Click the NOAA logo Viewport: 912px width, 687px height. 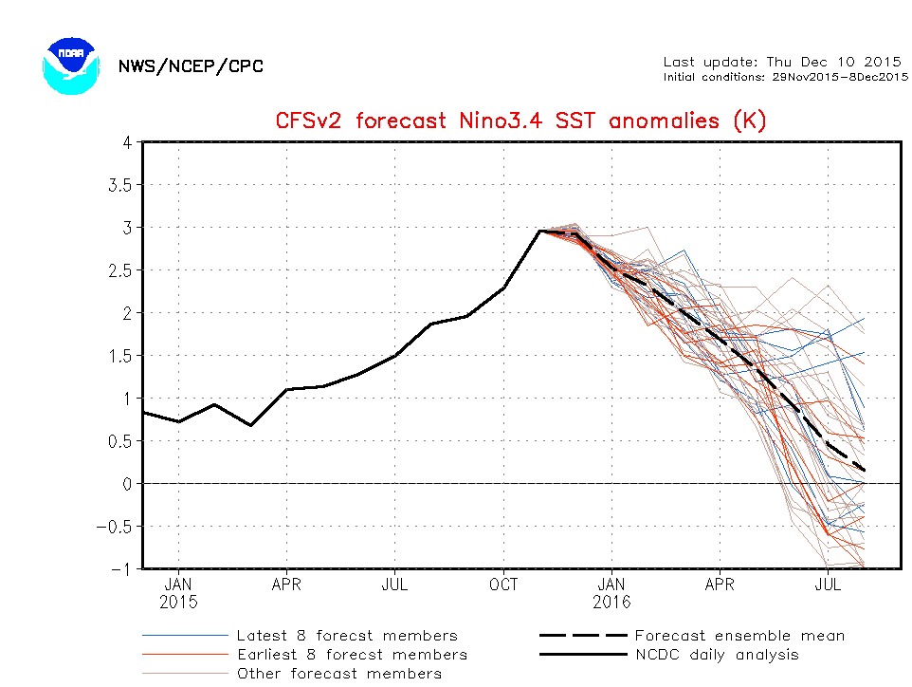(x=70, y=65)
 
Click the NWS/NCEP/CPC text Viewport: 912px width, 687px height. (x=191, y=66)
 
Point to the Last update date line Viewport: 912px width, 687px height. (x=781, y=62)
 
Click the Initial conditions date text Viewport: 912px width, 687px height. (x=786, y=77)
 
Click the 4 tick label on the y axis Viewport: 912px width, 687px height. (x=125, y=142)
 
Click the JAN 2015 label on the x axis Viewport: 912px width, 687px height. (x=178, y=593)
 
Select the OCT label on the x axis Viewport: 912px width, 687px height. (x=503, y=585)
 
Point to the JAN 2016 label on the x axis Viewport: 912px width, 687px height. (x=612, y=593)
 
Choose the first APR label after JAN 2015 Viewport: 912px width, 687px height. (x=286, y=585)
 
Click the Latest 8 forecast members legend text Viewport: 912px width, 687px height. (x=347, y=636)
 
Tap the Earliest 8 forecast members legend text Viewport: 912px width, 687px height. (x=352, y=655)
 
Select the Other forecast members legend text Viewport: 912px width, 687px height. (x=338, y=674)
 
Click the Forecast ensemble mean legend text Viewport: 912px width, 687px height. (x=739, y=636)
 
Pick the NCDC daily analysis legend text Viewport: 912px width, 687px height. (x=717, y=655)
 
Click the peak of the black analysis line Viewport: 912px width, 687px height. (x=540, y=231)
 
